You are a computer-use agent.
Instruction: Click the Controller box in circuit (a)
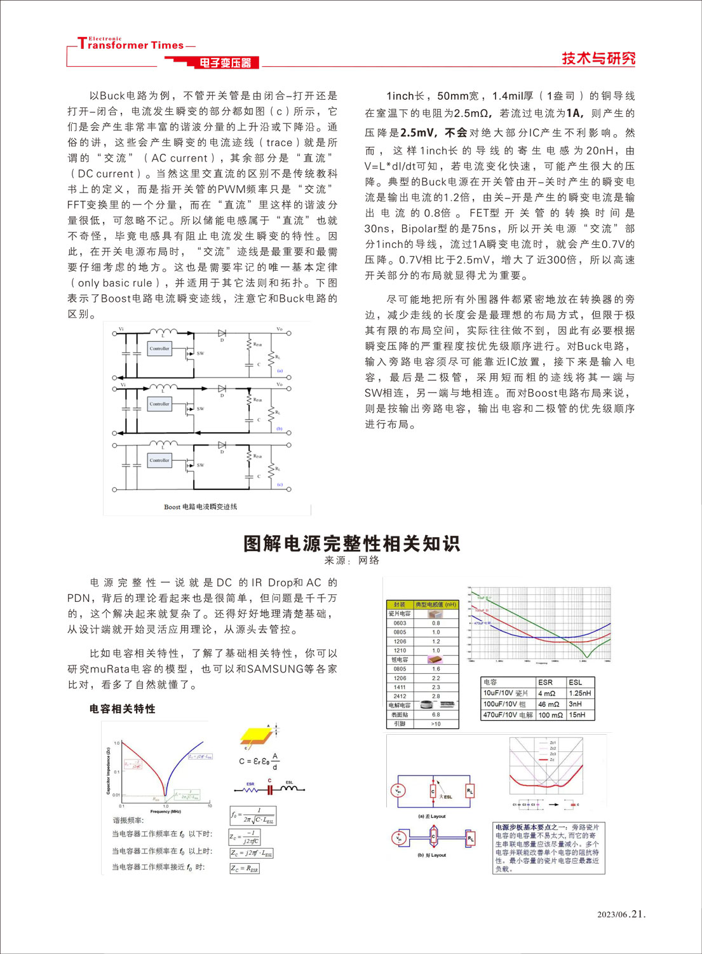[x=159, y=348]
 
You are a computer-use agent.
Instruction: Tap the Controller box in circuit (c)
[x=159, y=460]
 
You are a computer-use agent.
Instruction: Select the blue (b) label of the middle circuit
[x=279, y=428]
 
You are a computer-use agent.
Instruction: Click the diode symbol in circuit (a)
[x=222, y=332]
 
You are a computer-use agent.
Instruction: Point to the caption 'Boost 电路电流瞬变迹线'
[x=200, y=507]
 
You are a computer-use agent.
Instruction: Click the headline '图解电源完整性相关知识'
[x=351, y=543]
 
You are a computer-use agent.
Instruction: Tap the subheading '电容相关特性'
[x=123, y=709]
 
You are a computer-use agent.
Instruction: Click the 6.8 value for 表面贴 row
[x=436, y=714]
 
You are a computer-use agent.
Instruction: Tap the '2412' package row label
[x=400, y=696]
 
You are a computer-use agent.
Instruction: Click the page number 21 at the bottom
[x=638, y=914]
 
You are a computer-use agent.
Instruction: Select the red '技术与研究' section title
[x=598, y=58]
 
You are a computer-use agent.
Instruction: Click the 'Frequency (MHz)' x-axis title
[x=165, y=811]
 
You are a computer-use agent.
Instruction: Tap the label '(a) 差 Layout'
[x=432, y=816]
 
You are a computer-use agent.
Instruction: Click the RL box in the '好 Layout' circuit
[x=470, y=839]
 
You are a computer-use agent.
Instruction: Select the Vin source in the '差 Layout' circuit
[x=398, y=791]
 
